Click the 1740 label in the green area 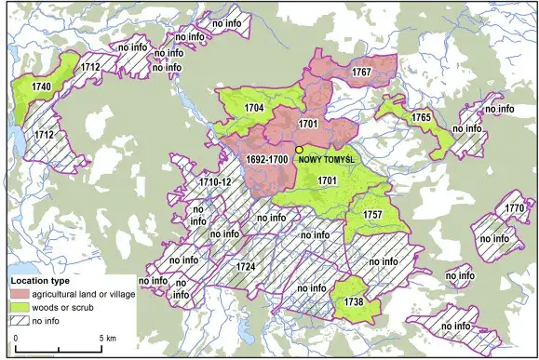click(38, 86)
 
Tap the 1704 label click(254, 108)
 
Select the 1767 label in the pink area click(361, 72)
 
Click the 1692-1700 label click(267, 160)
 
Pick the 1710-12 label click(214, 182)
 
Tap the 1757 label click(372, 215)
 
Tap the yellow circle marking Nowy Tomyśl click(299, 149)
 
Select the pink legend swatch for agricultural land click(19, 293)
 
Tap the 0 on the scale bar click(15, 338)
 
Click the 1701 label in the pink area click(309, 123)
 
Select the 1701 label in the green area click(326, 180)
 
